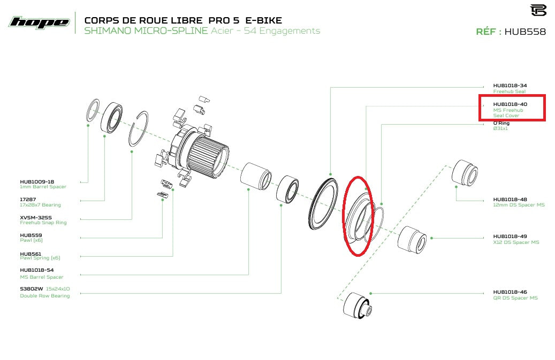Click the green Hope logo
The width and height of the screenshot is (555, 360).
[40, 23]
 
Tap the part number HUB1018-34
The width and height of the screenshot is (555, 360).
[510, 86]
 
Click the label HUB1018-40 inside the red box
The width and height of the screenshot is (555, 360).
[510, 104]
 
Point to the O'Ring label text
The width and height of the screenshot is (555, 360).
[501, 123]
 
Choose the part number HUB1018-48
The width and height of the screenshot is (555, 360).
[510, 199]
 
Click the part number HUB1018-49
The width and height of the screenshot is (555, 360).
[510, 236]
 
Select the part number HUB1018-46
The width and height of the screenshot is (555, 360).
[510, 292]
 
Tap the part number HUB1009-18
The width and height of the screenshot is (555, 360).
[37, 182]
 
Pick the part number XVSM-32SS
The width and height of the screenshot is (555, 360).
[36, 217]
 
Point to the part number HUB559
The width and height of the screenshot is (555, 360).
[31, 235]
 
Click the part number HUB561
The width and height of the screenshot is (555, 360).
[31, 254]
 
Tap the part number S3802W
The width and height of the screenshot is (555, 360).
[32, 289]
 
